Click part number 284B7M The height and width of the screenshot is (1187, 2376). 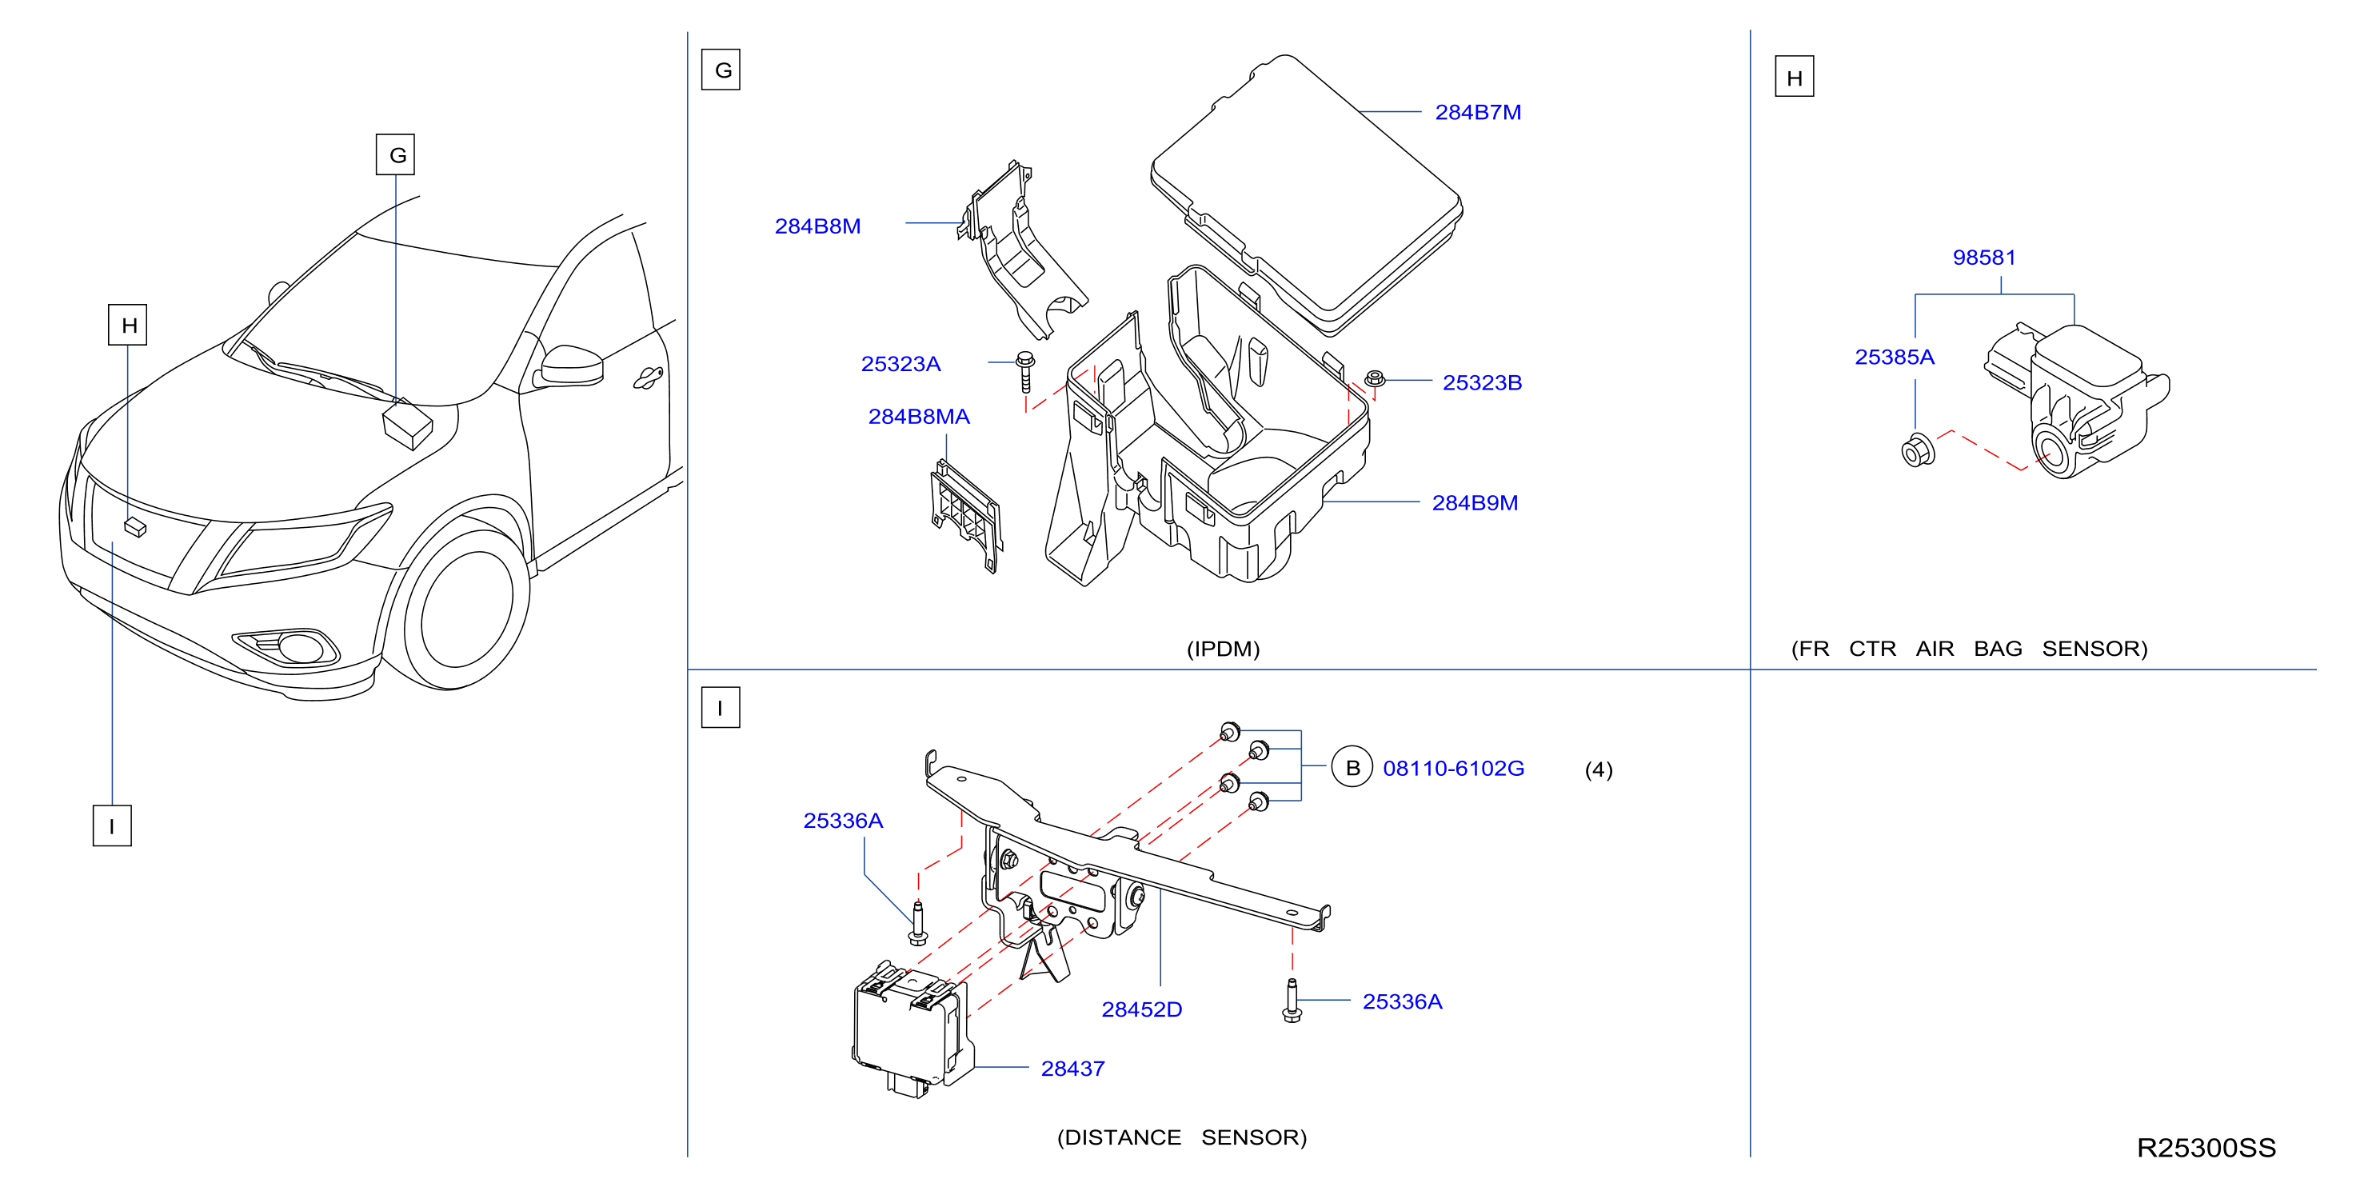(x=1478, y=113)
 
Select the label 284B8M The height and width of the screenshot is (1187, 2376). (x=817, y=226)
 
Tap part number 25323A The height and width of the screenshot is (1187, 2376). (x=900, y=364)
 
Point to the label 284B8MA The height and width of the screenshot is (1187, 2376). (x=919, y=417)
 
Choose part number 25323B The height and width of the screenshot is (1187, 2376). (x=1482, y=383)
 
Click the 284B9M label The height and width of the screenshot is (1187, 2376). (x=1475, y=502)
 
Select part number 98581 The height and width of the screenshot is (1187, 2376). (x=1984, y=258)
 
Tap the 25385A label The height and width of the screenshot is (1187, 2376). (x=1895, y=357)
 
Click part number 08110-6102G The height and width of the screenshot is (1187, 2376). (x=1454, y=769)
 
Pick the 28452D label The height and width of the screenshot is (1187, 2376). (x=1142, y=1010)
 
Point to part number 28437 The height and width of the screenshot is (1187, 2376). (x=1072, y=1069)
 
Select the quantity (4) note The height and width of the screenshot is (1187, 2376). (x=1599, y=770)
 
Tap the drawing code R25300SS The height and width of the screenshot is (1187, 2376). (x=2206, y=1149)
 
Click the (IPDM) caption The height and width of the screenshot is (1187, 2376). (x=1223, y=649)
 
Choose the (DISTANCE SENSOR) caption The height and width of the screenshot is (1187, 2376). (x=1181, y=1138)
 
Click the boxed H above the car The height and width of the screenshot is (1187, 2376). (x=128, y=325)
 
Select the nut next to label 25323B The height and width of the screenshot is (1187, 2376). (x=1374, y=378)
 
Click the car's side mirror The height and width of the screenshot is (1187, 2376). (x=570, y=366)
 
